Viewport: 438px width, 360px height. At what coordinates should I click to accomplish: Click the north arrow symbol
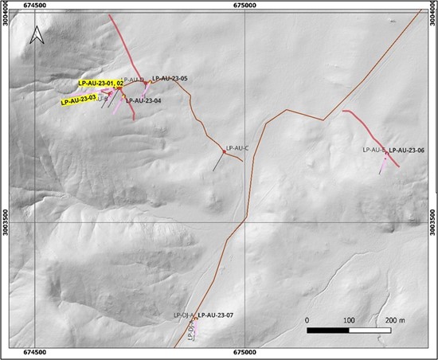click(x=36, y=36)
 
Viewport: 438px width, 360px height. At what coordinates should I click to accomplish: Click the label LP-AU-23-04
click(x=143, y=101)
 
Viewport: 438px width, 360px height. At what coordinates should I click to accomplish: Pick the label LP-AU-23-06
click(x=406, y=151)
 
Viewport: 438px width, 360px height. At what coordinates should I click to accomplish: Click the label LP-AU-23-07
click(x=215, y=316)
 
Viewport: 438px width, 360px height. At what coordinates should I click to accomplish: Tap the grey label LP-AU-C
click(x=237, y=147)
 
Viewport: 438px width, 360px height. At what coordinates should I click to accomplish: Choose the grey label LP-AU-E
click(x=373, y=150)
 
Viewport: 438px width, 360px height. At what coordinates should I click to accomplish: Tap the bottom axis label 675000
click(x=245, y=352)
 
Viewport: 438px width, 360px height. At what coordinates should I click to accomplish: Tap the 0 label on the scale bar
click(x=307, y=319)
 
